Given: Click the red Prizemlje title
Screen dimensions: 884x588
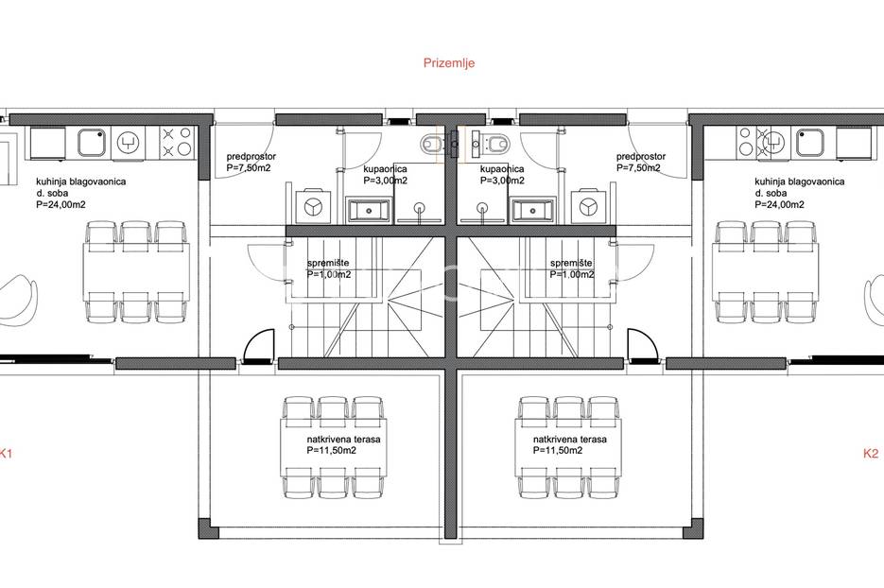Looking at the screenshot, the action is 449,62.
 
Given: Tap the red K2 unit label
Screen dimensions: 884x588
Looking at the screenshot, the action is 871,453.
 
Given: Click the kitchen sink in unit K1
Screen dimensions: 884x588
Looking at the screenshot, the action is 92,142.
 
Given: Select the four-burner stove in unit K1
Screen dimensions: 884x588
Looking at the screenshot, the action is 177,142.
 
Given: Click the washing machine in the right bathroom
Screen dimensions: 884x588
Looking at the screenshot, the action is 589,206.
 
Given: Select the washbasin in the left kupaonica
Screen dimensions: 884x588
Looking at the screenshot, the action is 368,210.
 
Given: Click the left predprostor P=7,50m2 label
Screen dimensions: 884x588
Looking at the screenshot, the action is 251,162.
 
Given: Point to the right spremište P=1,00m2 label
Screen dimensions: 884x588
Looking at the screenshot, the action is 572,268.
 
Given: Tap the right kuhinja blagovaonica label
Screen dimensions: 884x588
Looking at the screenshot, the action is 800,182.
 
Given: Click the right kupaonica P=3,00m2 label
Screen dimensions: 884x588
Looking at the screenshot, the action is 502,174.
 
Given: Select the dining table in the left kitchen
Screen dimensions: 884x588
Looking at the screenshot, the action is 136,272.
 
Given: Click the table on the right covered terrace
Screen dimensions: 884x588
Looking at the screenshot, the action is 568,447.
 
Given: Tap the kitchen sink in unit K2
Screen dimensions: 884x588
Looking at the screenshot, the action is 810,142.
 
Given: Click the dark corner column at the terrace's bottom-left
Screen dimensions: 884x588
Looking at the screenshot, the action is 208,528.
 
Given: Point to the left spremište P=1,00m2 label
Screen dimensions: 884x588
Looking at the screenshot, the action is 329,268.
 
